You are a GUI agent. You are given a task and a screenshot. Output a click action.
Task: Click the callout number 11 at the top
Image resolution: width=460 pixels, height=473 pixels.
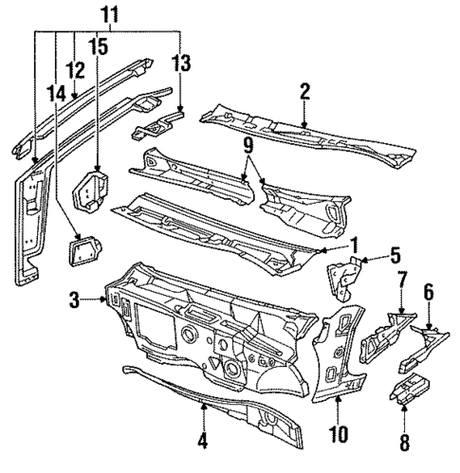[x=109, y=16]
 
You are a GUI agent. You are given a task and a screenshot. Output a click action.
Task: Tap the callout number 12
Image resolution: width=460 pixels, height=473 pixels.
[x=75, y=69]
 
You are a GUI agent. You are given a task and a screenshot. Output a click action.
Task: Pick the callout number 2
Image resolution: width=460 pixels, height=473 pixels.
[x=304, y=91]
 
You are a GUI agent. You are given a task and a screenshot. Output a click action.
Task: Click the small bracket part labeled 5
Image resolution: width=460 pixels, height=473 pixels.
[x=343, y=275]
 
